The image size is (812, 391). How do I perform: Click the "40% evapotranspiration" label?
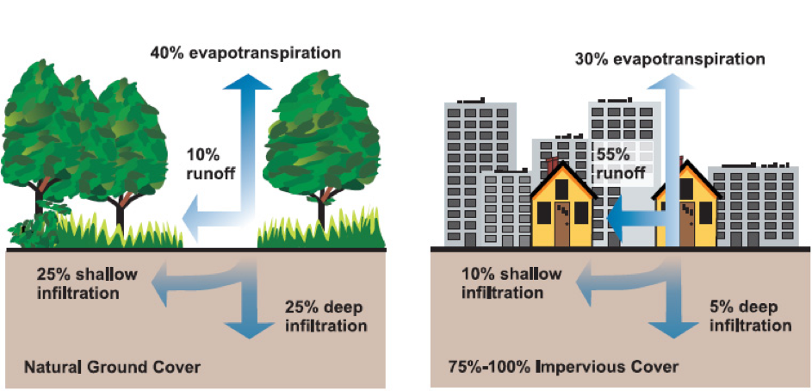pyautogui.click(x=245, y=53)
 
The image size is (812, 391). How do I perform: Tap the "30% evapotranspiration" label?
pyautogui.click(x=670, y=59)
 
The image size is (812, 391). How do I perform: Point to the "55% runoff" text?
pyautogui.click(x=620, y=163)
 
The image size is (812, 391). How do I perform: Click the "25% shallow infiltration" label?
pyautogui.click(x=87, y=283)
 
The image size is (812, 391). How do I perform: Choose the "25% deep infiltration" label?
pyautogui.click(x=325, y=316)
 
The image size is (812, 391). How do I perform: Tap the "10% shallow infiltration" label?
pyautogui.click(x=511, y=282)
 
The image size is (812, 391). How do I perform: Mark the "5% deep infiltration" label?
pyautogui.click(x=750, y=317)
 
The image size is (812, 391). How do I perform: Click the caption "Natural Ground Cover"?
pyautogui.click(x=112, y=369)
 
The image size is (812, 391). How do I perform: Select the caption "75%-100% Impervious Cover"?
pyautogui.click(x=562, y=368)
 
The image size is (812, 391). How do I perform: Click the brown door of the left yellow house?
pyautogui.click(x=562, y=224)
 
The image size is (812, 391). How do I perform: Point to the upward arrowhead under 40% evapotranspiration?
pyautogui.click(x=248, y=82)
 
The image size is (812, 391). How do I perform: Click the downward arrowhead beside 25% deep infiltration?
pyautogui.click(x=249, y=330)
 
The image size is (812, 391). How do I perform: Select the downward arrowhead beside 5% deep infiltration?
pyautogui.click(x=673, y=330)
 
